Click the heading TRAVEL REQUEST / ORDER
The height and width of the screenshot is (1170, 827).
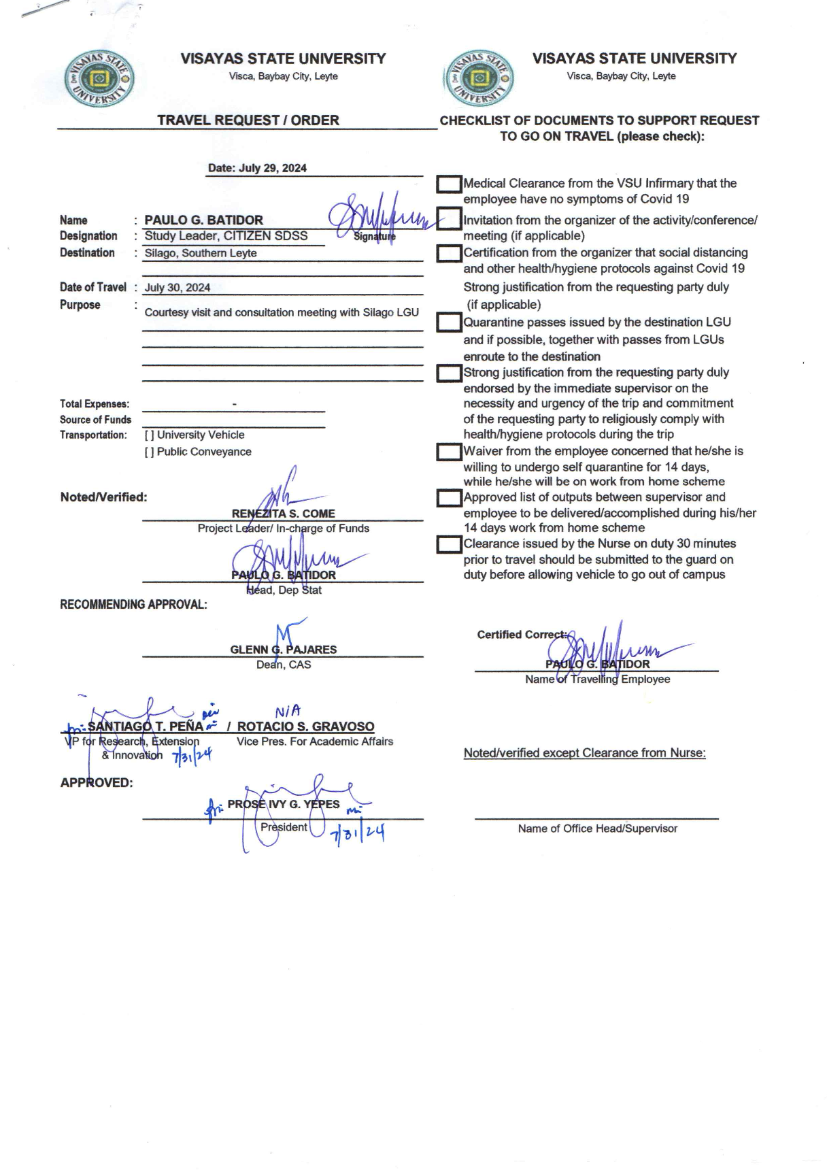point(248,120)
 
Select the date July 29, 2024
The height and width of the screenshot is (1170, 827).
point(257,168)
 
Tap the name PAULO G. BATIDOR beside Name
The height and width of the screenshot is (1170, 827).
point(203,220)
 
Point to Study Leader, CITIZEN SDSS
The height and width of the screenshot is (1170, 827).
point(226,236)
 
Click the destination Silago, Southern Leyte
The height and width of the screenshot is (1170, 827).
point(201,253)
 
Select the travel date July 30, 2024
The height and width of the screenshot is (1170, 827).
point(178,288)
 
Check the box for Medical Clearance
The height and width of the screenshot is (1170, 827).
point(449,184)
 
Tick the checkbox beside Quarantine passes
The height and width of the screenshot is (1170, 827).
point(449,322)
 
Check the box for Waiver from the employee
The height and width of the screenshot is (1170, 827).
point(449,452)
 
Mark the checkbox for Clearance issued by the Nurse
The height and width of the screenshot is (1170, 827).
point(449,544)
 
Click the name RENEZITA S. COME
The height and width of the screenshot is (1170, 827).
point(283,514)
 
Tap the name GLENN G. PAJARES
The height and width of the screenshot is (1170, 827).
point(283,650)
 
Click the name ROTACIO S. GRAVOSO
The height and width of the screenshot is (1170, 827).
point(305,726)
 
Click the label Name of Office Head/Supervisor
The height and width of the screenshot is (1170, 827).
point(597,829)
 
